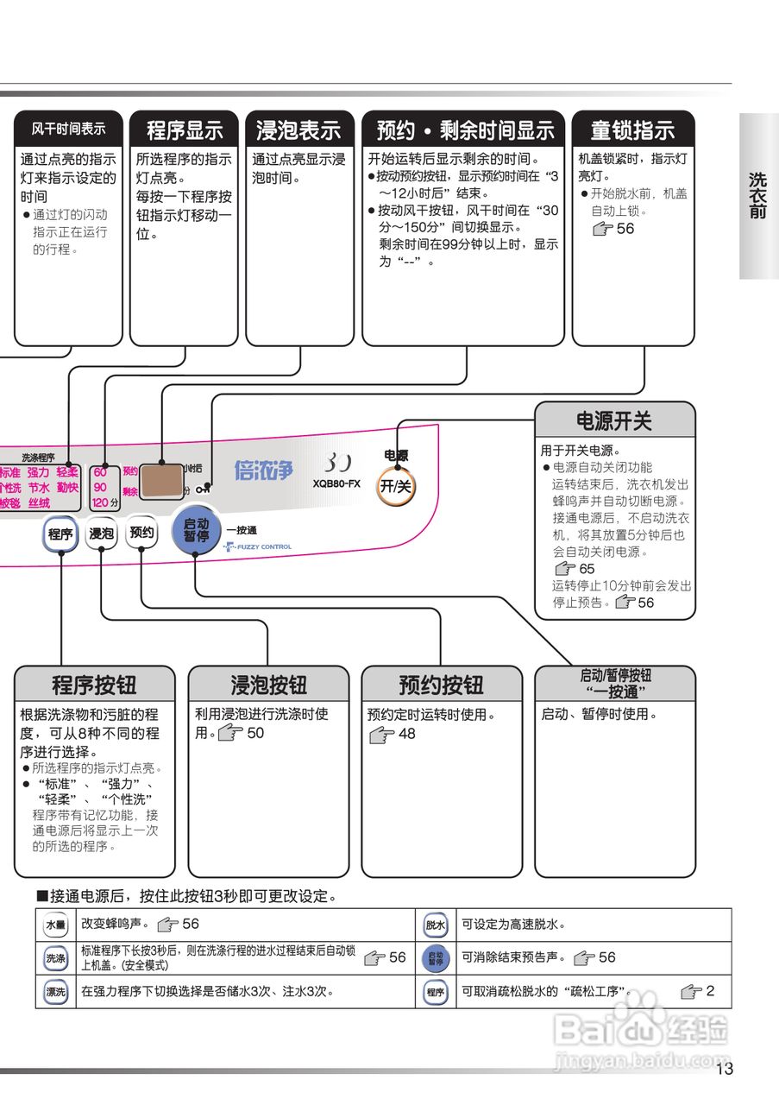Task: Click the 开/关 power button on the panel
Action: [x=396, y=486]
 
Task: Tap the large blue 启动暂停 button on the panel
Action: [x=197, y=529]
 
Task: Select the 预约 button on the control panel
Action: [x=141, y=533]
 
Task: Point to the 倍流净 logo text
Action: [x=263, y=470]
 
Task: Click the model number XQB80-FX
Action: [x=336, y=483]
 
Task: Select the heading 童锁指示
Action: [x=632, y=130]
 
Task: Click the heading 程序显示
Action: [x=184, y=130]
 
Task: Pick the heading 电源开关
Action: [x=614, y=421]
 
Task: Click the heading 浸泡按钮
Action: [x=268, y=685]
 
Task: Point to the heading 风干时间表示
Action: [x=69, y=129]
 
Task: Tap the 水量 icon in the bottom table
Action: [x=55, y=924]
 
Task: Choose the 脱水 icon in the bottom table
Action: [x=436, y=925]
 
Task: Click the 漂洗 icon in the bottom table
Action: [x=55, y=992]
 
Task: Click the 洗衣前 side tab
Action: [x=757, y=195]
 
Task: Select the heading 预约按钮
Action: [x=441, y=685]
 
